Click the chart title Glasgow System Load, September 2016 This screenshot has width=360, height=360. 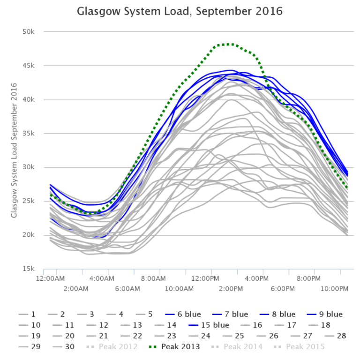tap(180, 10)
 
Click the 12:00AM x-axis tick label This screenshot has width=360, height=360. tap(50, 278)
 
